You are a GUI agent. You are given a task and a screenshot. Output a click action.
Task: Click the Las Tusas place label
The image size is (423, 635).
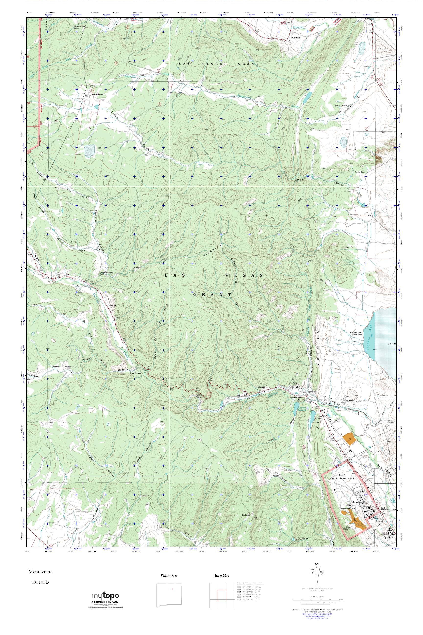[x=294, y=38]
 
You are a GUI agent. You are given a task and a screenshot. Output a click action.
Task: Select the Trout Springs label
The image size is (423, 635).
[x=135, y=373]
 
